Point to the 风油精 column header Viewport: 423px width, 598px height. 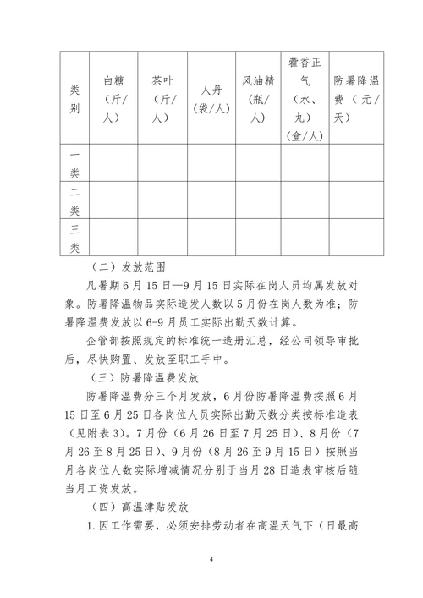(258, 96)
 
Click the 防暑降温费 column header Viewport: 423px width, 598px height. (356, 96)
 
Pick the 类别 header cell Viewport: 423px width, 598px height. (74, 97)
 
